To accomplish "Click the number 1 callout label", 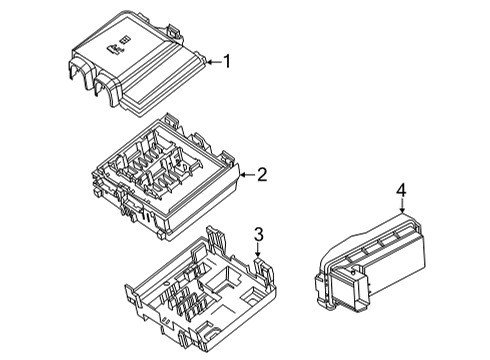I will (227, 62).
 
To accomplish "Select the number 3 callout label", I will (258, 236).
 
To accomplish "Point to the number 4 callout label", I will (401, 190).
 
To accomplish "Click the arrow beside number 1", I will (211, 62).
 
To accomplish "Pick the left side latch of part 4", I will (321, 290).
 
